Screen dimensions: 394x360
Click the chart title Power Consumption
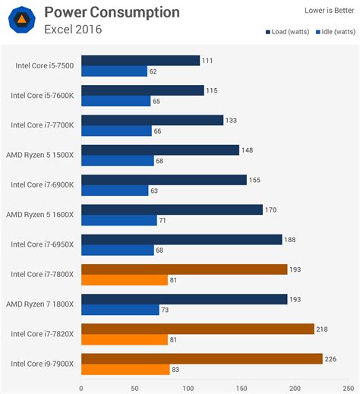pyautogui.click(x=112, y=13)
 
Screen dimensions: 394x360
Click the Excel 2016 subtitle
pyautogui.click(x=73, y=30)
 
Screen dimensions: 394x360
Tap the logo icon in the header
pyautogui.click(x=21, y=20)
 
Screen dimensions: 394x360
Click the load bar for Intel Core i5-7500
pyautogui.click(x=141, y=60)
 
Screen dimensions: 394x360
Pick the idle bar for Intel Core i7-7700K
pyautogui.click(x=117, y=131)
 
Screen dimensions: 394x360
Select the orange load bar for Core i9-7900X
pyautogui.click(x=202, y=358)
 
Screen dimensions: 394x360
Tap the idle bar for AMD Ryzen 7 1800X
pyautogui.click(x=120, y=310)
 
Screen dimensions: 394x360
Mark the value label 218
pyautogui.click(x=325, y=329)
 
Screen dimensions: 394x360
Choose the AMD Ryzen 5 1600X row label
pyautogui.click(x=42, y=214)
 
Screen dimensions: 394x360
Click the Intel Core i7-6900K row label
pyautogui.click(x=42, y=184)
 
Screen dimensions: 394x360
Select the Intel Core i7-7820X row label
pyautogui.click(x=42, y=334)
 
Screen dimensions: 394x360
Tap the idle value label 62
pyautogui.click(x=154, y=71)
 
